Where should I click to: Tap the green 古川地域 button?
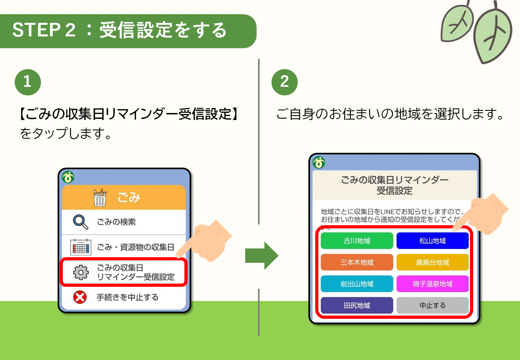pos(357,241)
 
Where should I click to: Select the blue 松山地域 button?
pos(432,241)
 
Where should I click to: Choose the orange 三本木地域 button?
pos(357,262)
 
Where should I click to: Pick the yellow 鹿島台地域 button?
pos(432,262)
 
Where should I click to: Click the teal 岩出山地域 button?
pos(357,284)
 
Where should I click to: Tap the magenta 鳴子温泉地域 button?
pos(432,284)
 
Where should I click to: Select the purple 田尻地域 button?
pos(357,306)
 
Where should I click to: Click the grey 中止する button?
pos(432,306)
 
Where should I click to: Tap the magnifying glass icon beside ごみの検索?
pos(81,222)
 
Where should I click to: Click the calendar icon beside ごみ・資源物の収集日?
pos(81,247)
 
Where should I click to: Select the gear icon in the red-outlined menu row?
pos(81,272)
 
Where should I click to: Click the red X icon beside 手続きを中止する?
pos(80,297)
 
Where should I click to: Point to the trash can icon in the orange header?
pos(100,197)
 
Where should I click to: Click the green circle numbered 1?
pos(28,82)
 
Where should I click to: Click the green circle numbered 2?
pos(284,82)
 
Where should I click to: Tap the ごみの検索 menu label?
pos(116,222)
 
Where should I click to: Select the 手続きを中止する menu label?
pos(127,297)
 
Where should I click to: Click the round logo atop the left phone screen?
pos(68,176)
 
